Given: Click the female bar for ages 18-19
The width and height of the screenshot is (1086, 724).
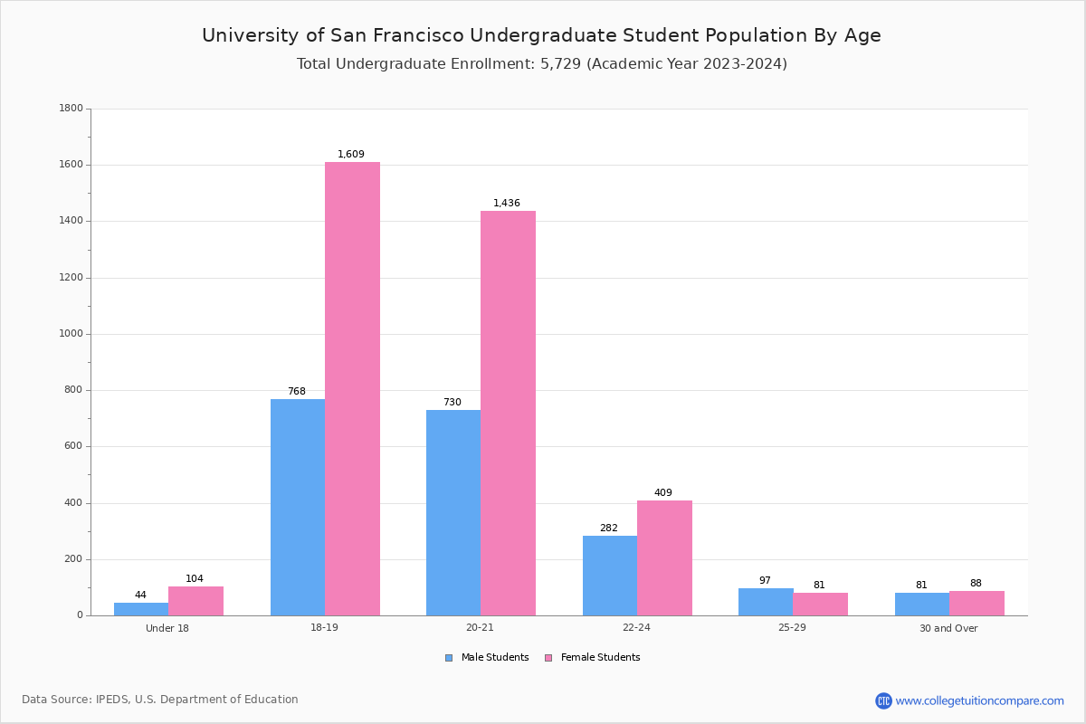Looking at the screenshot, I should (352, 389).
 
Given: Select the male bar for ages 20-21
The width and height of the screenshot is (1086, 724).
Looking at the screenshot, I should (453, 512).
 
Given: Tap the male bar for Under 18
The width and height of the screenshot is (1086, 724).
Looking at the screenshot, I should (141, 609).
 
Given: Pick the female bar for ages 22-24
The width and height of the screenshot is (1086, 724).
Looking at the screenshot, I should (664, 557).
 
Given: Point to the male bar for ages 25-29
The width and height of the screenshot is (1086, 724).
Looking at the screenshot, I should (766, 602).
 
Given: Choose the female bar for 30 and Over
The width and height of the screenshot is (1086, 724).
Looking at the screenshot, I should (976, 603).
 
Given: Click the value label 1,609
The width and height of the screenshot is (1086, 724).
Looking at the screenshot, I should (351, 155).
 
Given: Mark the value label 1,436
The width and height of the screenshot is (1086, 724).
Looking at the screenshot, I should (507, 204).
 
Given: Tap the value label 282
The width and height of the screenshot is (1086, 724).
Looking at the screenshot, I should (608, 529).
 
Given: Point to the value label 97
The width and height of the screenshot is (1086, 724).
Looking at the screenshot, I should (765, 581).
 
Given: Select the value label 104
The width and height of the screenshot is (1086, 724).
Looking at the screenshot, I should (195, 579).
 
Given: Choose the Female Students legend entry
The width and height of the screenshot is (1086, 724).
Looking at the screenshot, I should (593, 658).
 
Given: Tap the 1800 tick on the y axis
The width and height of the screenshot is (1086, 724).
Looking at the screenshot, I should (71, 109).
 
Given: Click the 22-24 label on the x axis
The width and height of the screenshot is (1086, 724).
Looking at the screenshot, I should (636, 628).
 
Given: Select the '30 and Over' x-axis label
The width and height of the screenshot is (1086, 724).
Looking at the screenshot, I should (948, 628).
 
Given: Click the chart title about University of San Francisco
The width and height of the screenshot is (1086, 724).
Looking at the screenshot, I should (541, 35).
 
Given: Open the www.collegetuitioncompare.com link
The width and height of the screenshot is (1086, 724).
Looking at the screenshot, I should (979, 700).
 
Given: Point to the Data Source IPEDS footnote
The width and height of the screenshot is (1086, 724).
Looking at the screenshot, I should (160, 700).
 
